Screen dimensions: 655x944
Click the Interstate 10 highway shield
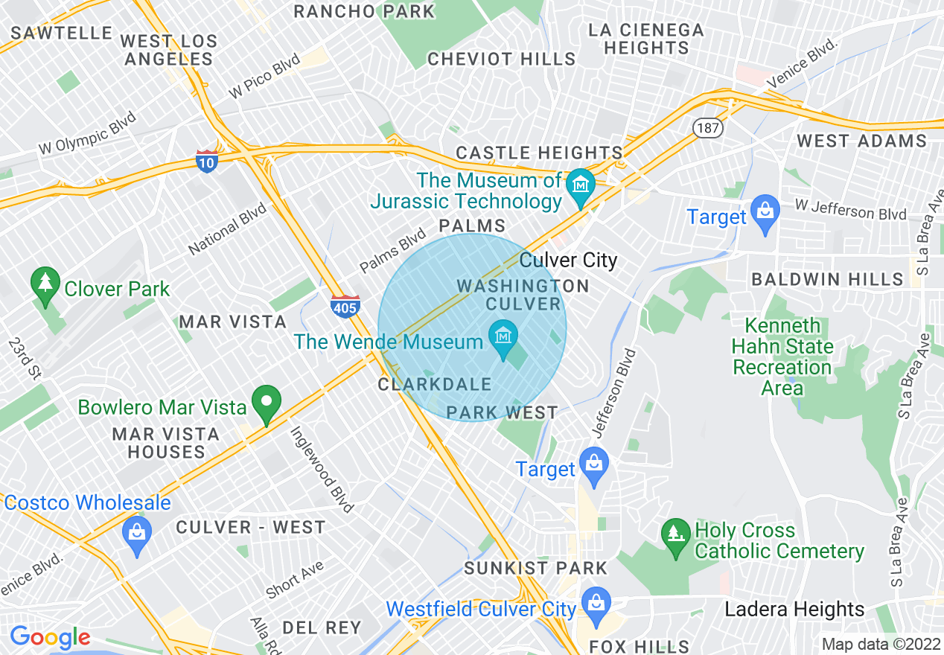tap(207, 161)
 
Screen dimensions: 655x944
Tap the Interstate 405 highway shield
tap(345, 306)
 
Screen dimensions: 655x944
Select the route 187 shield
tap(707, 128)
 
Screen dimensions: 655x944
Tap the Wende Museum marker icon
tap(503, 338)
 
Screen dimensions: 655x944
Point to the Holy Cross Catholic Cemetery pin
tap(676, 538)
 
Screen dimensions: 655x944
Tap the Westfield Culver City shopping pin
tap(596, 606)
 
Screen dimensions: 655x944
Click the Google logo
tap(49, 638)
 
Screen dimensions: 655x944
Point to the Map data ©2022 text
tap(880, 645)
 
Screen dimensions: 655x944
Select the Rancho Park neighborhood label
tap(364, 11)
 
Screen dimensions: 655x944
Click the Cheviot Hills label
tap(502, 59)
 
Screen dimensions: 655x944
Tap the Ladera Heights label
tap(794, 610)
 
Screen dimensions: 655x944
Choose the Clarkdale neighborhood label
tap(435, 385)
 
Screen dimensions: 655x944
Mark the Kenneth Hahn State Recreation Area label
tap(782, 357)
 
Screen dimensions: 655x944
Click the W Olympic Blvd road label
tap(88, 132)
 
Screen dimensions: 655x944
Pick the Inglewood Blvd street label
tap(321, 470)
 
